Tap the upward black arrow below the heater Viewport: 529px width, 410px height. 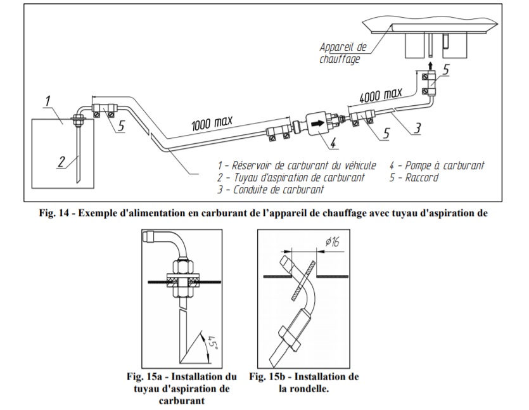pyautogui.click(x=430, y=65)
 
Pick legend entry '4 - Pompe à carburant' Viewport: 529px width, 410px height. pyautogui.click(x=438, y=165)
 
